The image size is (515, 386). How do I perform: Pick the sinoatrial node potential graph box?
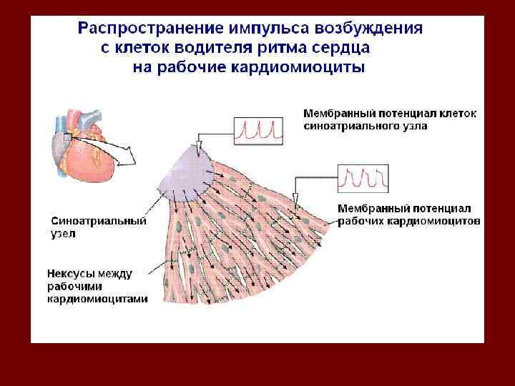coord(258,129)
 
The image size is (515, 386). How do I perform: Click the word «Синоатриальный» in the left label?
coord(98,222)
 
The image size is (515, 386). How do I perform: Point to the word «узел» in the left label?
coord(63,234)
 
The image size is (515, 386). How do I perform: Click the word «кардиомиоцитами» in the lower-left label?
coord(98,299)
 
